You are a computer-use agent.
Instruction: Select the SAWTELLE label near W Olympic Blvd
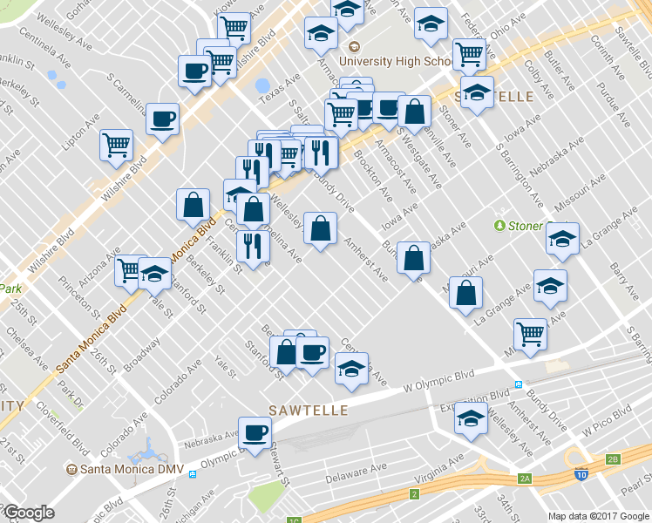(x=308, y=410)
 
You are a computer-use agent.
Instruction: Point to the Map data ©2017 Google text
(x=598, y=516)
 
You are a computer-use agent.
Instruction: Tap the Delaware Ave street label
(x=356, y=479)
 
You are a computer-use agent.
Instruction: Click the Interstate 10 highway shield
(x=581, y=475)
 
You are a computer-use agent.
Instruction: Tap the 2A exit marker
(x=525, y=479)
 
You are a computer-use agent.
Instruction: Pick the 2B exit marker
(x=612, y=459)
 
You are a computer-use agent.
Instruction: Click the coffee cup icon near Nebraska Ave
(x=255, y=433)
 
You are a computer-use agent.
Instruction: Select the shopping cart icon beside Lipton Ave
(x=116, y=146)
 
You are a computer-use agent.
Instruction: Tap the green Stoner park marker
(x=499, y=226)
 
